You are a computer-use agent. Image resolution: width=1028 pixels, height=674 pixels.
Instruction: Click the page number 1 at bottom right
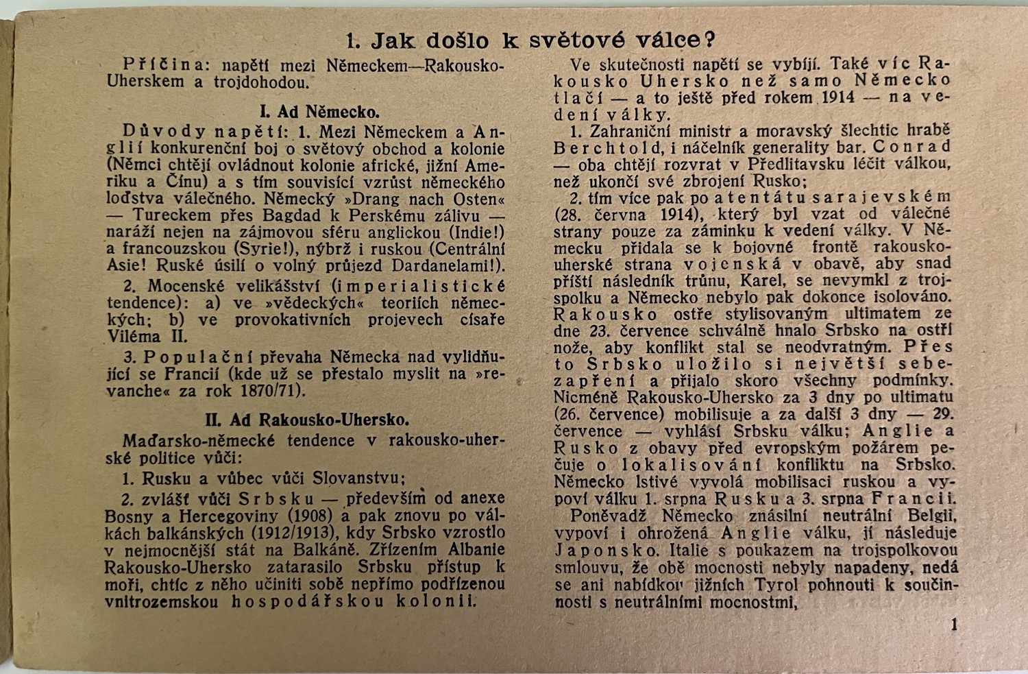(x=954, y=625)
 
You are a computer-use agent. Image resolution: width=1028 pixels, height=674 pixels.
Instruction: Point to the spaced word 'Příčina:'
(x=162, y=65)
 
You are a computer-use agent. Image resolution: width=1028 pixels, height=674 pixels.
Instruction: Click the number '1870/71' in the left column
(x=268, y=392)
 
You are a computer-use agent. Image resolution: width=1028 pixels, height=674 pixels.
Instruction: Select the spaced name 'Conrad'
(x=911, y=147)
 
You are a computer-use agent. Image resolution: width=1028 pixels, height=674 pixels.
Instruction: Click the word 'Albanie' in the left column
(x=472, y=549)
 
